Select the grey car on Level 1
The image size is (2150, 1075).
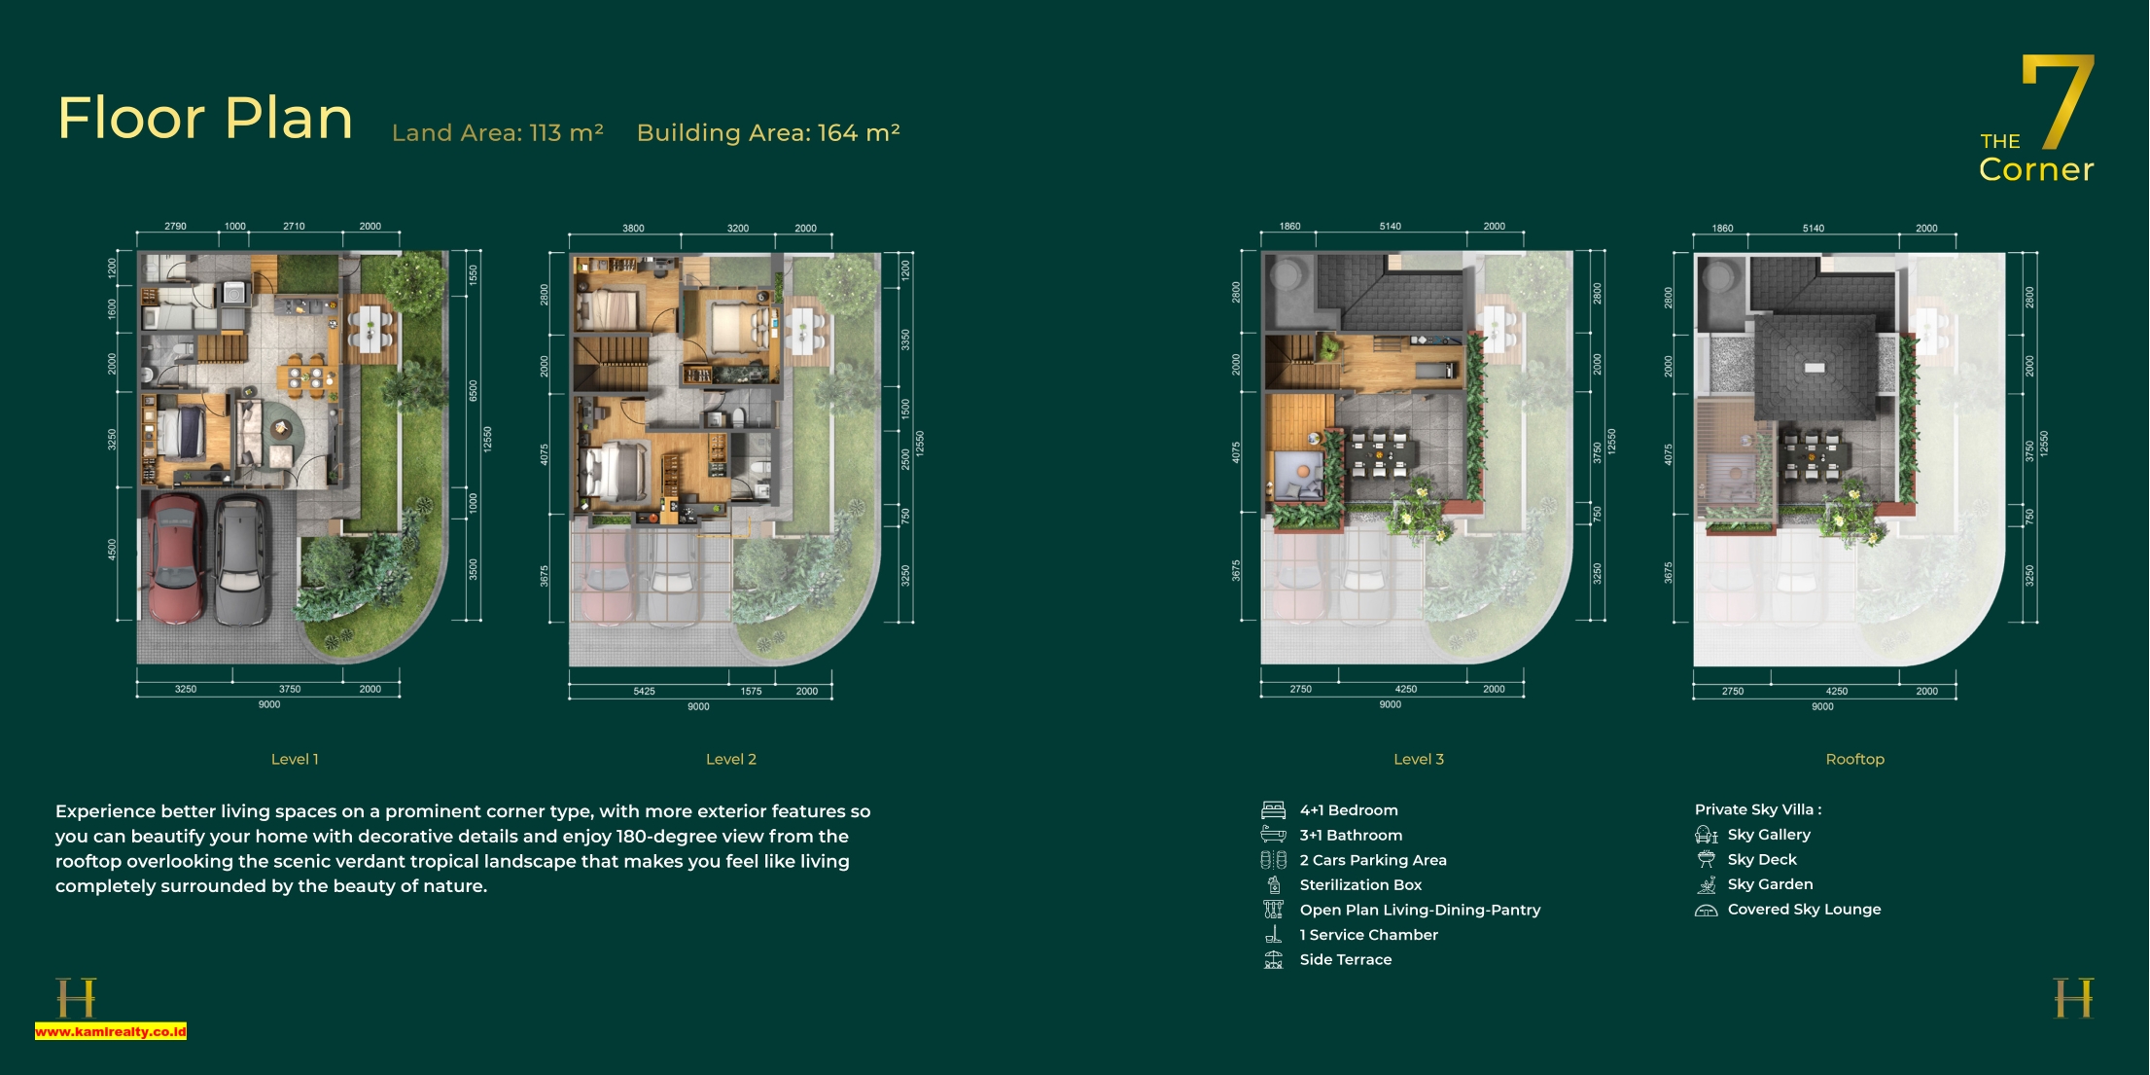(242, 560)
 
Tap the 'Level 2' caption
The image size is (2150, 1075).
(731, 759)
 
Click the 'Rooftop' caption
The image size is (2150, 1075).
(1854, 759)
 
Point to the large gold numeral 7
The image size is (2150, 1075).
(2058, 101)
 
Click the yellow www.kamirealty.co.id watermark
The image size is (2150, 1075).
(111, 1031)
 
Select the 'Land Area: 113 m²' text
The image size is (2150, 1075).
(498, 132)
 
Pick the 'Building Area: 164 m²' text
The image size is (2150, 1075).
(768, 132)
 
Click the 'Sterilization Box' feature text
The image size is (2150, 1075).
(1360, 885)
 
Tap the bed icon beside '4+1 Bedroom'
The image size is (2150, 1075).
(1273, 810)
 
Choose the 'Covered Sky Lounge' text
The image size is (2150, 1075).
(1804, 910)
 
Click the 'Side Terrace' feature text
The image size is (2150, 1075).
(1346, 959)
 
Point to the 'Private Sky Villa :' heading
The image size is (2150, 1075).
(1758, 809)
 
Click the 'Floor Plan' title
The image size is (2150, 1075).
(205, 118)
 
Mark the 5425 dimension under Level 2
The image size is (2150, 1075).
(644, 691)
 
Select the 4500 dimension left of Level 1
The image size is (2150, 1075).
(112, 550)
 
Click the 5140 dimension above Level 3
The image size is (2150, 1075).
(1391, 226)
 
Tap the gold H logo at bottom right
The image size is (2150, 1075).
(2073, 998)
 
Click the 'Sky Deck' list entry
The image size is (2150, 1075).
(1762, 860)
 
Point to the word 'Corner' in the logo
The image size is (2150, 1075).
(2036, 169)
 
